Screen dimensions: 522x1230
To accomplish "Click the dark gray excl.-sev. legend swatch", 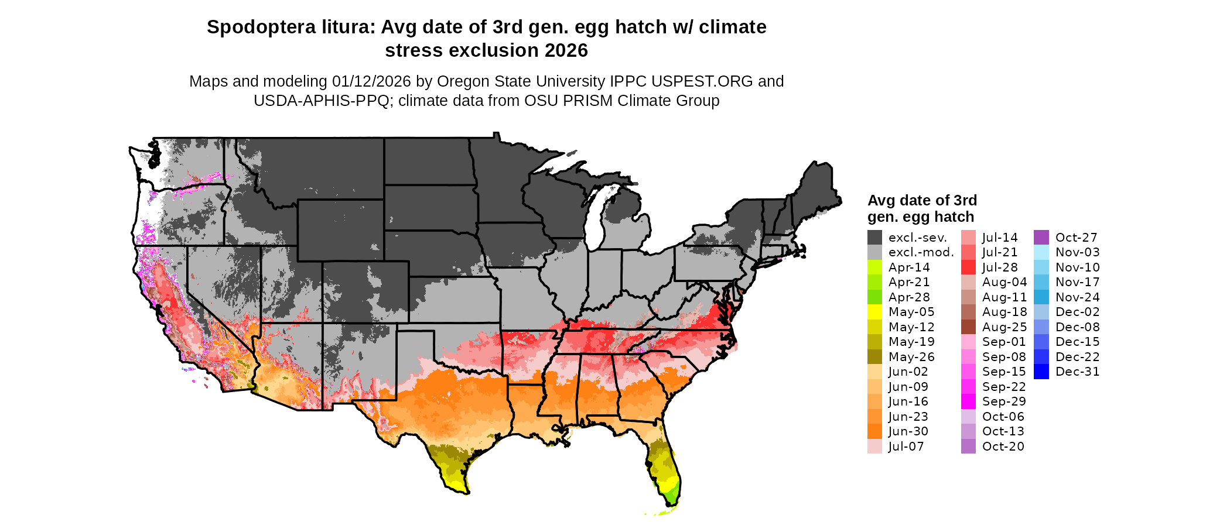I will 874,238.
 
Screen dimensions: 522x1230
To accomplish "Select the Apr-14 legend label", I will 909,267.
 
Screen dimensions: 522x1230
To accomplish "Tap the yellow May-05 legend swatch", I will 874,312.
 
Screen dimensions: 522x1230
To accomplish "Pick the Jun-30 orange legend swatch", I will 874,431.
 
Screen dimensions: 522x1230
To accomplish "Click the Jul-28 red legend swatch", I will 968,267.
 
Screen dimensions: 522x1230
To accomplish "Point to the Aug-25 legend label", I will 1004,327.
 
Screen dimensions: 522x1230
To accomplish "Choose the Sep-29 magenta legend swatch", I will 968,401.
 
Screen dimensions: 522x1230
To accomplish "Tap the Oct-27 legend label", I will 1076,238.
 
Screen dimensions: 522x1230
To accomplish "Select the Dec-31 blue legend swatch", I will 1041,372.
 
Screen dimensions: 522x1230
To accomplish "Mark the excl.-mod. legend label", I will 921,252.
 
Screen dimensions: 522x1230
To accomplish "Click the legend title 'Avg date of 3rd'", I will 922,201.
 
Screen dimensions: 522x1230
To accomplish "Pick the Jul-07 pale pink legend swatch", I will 874,447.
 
